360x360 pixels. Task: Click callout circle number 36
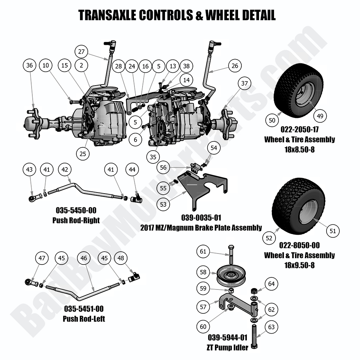tap(30, 65)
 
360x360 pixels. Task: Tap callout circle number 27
tap(81, 52)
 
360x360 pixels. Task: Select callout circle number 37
tap(245, 83)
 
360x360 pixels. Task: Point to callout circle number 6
tap(135, 139)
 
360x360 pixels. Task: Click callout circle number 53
tap(163, 204)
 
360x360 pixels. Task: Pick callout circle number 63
tap(271, 327)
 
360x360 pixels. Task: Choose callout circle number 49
tap(320, 116)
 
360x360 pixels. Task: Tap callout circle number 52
tap(269, 238)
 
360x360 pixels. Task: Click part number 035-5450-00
tap(76, 210)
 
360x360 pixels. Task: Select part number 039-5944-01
tap(227, 338)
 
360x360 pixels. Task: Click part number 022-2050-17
tap(300, 129)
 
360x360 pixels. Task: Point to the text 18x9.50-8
tap(299, 265)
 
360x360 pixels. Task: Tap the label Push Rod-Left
tap(84, 319)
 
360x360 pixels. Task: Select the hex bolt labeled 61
tap(231, 255)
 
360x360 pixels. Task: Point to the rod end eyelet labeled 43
tap(32, 198)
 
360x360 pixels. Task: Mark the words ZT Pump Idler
tap(227, 348)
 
